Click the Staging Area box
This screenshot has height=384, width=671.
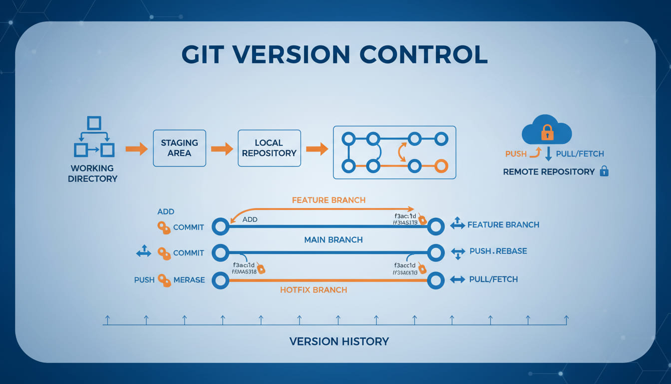pos(179,148)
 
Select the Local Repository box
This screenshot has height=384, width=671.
pos(269,148)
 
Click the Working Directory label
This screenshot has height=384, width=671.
pos(92,173)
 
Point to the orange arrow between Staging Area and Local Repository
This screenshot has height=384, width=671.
pos(222,148)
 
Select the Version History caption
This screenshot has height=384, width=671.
pos(338,342)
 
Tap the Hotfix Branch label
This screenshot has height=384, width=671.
pos(314,290)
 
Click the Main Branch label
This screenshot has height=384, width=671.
pos(333,240)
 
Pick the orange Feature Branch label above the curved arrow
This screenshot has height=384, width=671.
pos(329,200)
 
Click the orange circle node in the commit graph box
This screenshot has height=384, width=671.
pos(440,165)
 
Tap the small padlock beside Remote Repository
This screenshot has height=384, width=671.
pos(604,171)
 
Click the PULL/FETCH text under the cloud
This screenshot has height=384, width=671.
pos(580,154)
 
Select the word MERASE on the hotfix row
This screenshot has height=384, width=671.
pos(189,280)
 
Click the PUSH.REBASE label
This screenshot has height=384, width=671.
pos(498,251)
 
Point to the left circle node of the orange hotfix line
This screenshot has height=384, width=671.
pos(220,280)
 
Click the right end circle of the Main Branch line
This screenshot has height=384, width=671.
pos(435,252)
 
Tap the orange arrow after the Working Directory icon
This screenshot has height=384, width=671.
pos(136,148)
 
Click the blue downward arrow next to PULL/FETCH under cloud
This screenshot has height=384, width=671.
pos(548,153)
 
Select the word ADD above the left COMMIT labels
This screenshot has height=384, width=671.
pos(166,211)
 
